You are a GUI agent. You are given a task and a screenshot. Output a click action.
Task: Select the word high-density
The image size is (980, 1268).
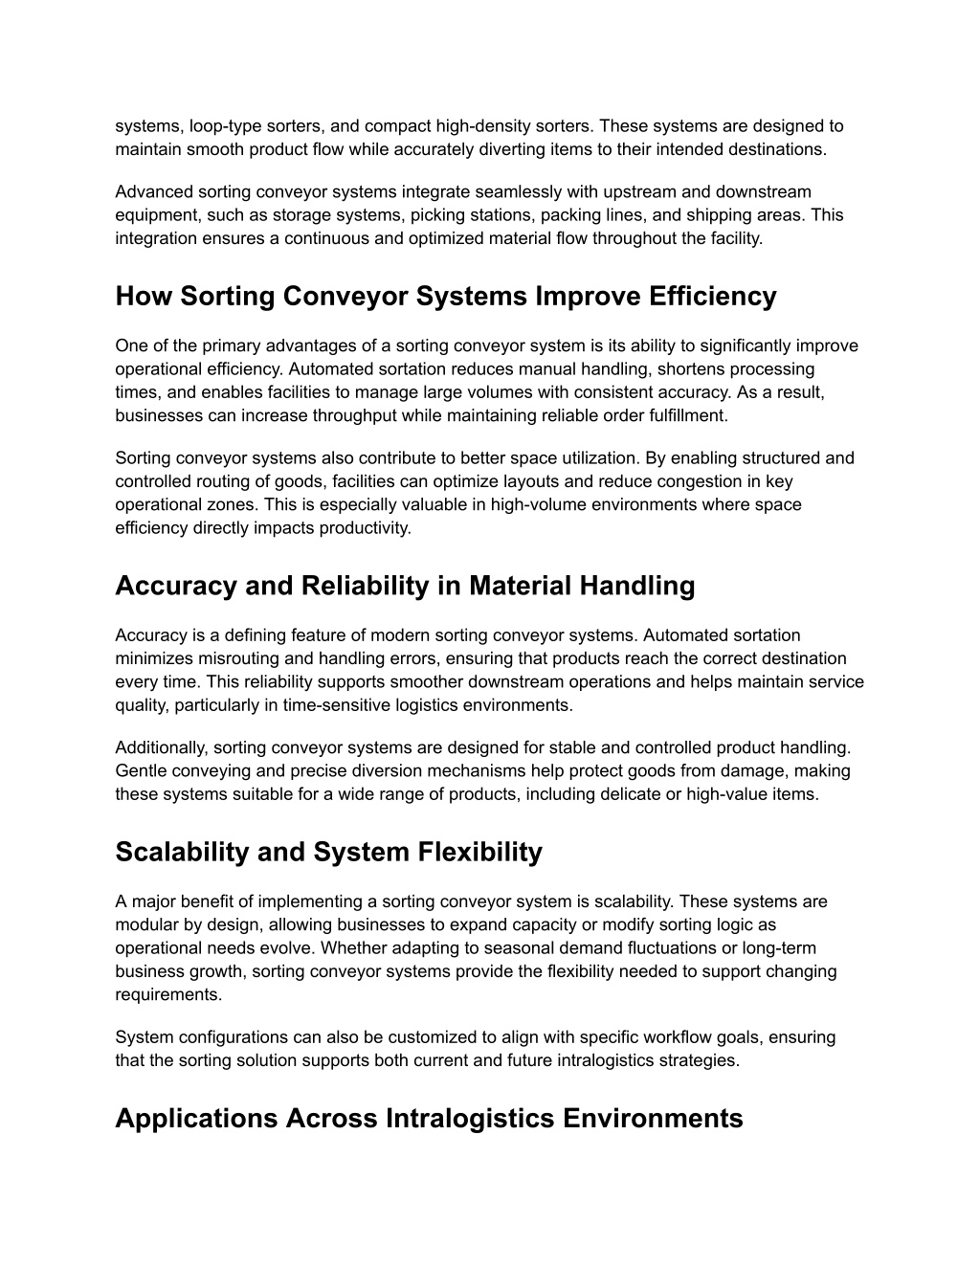[482, 126]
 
